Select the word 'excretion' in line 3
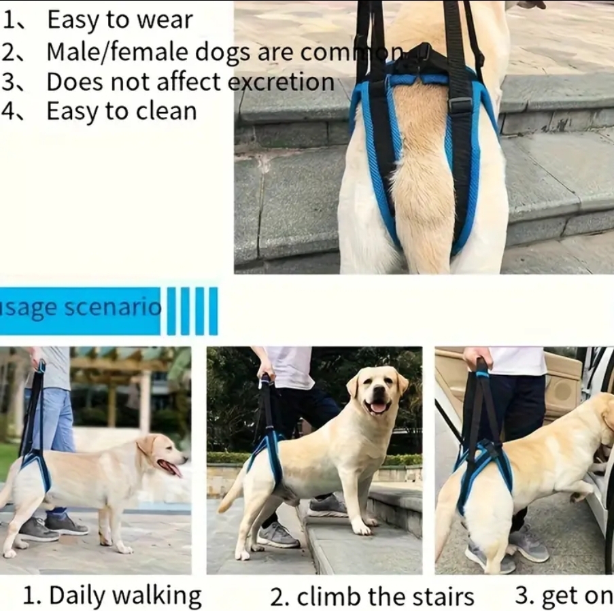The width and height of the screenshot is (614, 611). click(x=281, y=82)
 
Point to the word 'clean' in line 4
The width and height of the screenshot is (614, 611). click(x=170, y=111)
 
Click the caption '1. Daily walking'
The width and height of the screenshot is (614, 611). click(x=112, y=595)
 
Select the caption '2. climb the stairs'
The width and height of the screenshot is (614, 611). click(x=372, y=597)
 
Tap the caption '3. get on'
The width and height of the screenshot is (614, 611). click(x=564, y=595)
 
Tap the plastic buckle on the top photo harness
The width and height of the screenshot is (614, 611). click(x=460, y=105)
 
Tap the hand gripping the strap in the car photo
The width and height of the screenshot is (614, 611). click(x=477, y=358)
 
